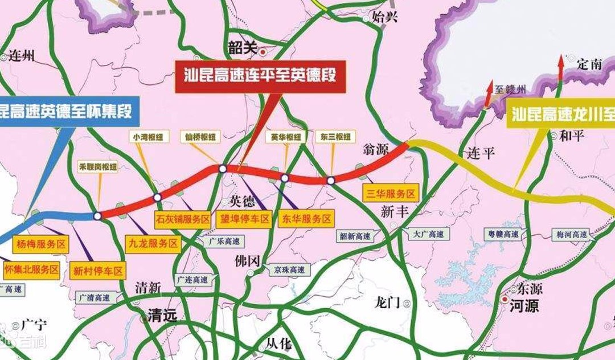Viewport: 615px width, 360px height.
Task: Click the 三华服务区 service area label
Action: click(391, 193)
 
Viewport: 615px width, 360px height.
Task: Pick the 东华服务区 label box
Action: click(305, 219)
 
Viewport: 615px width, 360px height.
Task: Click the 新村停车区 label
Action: click(98, 270)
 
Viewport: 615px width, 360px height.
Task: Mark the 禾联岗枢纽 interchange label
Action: click(98, 167)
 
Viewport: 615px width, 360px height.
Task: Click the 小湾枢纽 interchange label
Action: click(148, 137)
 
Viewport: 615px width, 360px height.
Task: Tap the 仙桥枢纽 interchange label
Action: click(200, 137)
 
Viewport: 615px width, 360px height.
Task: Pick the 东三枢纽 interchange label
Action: click(335, 137)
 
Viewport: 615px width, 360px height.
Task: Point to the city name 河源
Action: click(524, 306)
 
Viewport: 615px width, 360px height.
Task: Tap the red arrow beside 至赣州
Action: click(489, 93)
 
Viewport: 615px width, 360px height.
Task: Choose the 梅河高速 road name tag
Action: click(572, 234)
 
